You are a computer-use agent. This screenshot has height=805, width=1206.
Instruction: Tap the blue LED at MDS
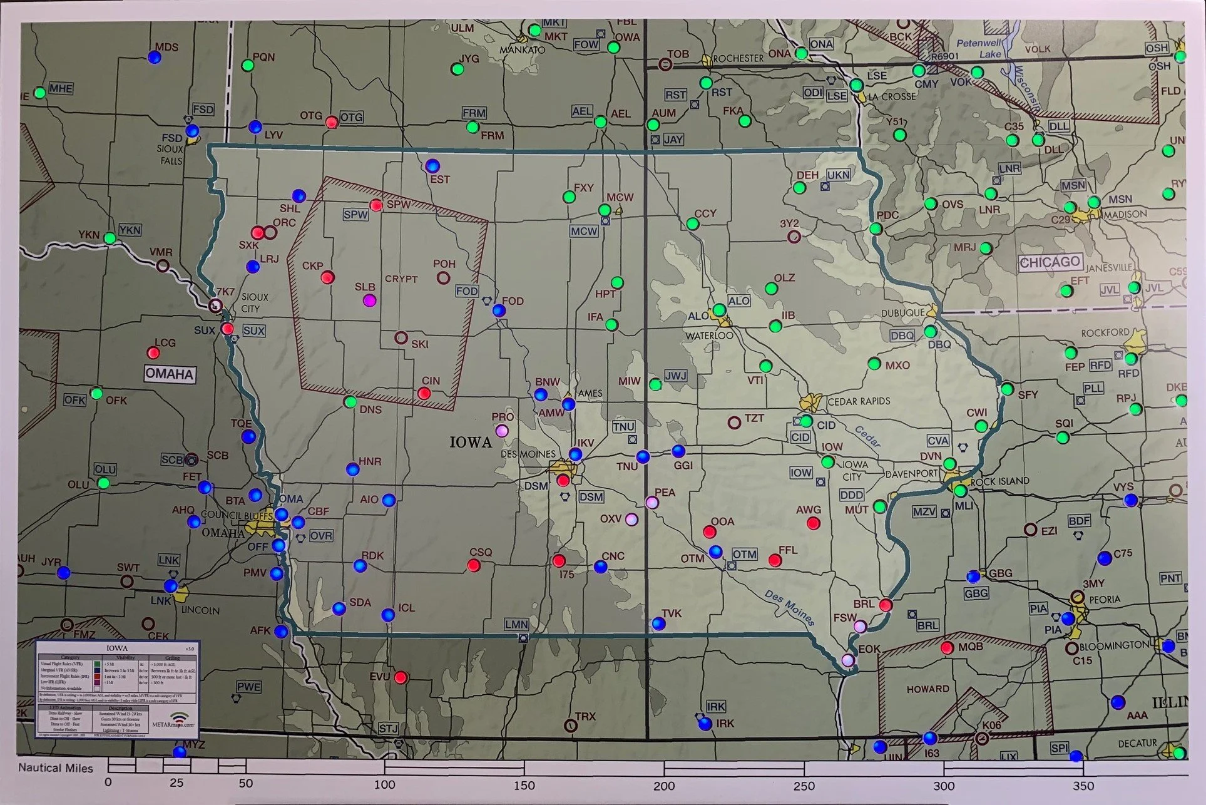(x=155, y=58)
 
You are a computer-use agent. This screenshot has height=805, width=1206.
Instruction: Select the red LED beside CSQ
(x=474, y=565)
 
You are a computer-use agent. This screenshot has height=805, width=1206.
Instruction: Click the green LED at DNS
(x=350, y=401)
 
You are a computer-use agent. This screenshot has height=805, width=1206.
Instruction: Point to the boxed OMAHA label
(x=169, y=374)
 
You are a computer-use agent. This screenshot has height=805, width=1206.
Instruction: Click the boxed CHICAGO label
(x=1050, y=262)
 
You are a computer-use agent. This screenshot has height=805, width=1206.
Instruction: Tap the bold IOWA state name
(x=471, y=443)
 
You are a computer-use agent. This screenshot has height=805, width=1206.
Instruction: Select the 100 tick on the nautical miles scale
(x=384, y=784)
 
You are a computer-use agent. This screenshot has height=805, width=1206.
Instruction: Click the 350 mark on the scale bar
(x=1083, y=785)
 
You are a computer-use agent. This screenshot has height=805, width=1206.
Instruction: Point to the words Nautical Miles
(x=55, y=767)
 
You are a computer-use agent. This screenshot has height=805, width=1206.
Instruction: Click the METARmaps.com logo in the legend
(x=173, y=719)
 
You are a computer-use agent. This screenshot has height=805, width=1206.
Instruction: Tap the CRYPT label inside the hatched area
(x=401, y=279)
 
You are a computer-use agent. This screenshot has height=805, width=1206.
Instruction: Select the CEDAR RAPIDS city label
(x=858, y=401)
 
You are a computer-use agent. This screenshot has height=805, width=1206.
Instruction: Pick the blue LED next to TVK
(x=658, y=623)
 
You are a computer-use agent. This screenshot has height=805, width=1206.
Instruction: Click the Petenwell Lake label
(x=979, y=48)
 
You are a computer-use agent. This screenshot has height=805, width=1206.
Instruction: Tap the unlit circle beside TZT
(x=734, y=423)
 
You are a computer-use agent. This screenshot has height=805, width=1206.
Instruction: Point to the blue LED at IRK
(x=705, y=724)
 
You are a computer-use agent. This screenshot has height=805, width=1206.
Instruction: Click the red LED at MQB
(x=947, y=647)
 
